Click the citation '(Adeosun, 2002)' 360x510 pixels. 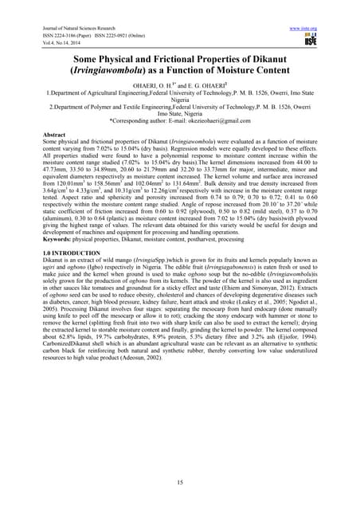coord(166,358)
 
